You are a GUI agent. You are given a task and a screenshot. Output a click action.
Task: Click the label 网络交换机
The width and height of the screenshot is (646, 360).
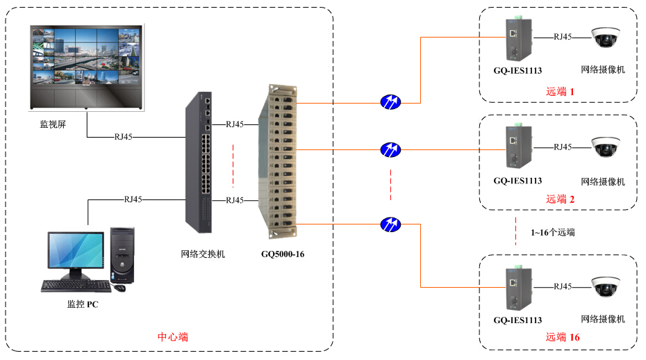tap(202, 254)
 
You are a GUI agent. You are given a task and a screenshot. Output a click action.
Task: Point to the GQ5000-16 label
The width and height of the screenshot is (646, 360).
tap(283, 254)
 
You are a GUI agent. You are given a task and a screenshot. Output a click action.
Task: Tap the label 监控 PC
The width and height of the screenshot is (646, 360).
tap(83, 304)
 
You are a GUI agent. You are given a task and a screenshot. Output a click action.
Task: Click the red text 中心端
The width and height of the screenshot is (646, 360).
tap(173, 337)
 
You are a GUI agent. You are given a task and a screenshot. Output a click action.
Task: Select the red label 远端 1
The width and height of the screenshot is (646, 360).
tap(561, 91)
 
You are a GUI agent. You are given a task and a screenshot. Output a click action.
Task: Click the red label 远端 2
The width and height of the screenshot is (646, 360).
tap(561, 199)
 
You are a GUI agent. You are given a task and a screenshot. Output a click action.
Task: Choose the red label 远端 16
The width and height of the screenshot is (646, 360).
tap(563, 337)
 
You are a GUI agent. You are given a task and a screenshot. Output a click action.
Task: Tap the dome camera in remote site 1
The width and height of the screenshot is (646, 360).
tap(604, 38)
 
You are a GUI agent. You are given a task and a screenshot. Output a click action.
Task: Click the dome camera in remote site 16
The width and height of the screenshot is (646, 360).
tap(604, 287)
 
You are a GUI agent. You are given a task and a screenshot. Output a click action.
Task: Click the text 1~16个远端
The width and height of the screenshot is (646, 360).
tap(553, 232)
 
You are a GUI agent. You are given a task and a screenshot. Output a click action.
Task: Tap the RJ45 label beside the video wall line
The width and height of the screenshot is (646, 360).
tap(123, 137)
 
